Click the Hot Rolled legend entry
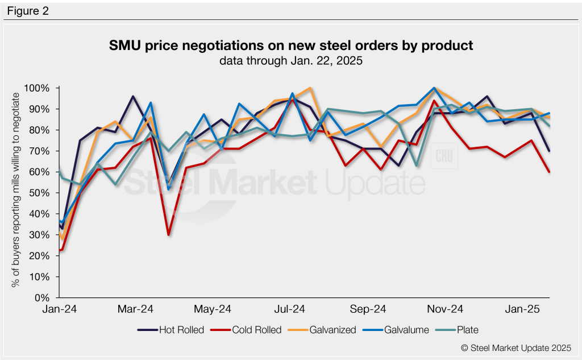click(x=171, y=329)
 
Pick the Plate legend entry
click(x=459, y=329)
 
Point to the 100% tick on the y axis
click(x=38, y=88)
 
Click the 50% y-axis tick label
click(x=40, y=193)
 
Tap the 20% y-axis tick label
click(x=40, y=256)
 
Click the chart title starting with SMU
click(x=291, y=45)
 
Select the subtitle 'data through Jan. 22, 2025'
click(x=291, y=61)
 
